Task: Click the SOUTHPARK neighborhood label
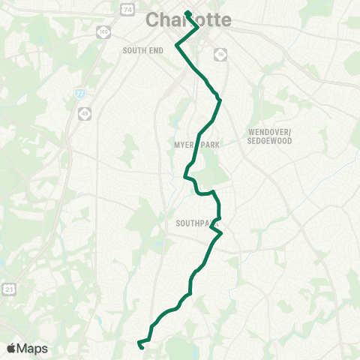tap(196, 223)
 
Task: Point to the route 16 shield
tap(220, 54)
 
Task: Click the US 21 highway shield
tap(9, 289)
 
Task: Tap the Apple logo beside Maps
tap(11, 348)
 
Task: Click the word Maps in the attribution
tap(32, 348)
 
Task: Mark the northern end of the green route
tap(186, 13)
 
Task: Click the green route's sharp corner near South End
tap(176, 45)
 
